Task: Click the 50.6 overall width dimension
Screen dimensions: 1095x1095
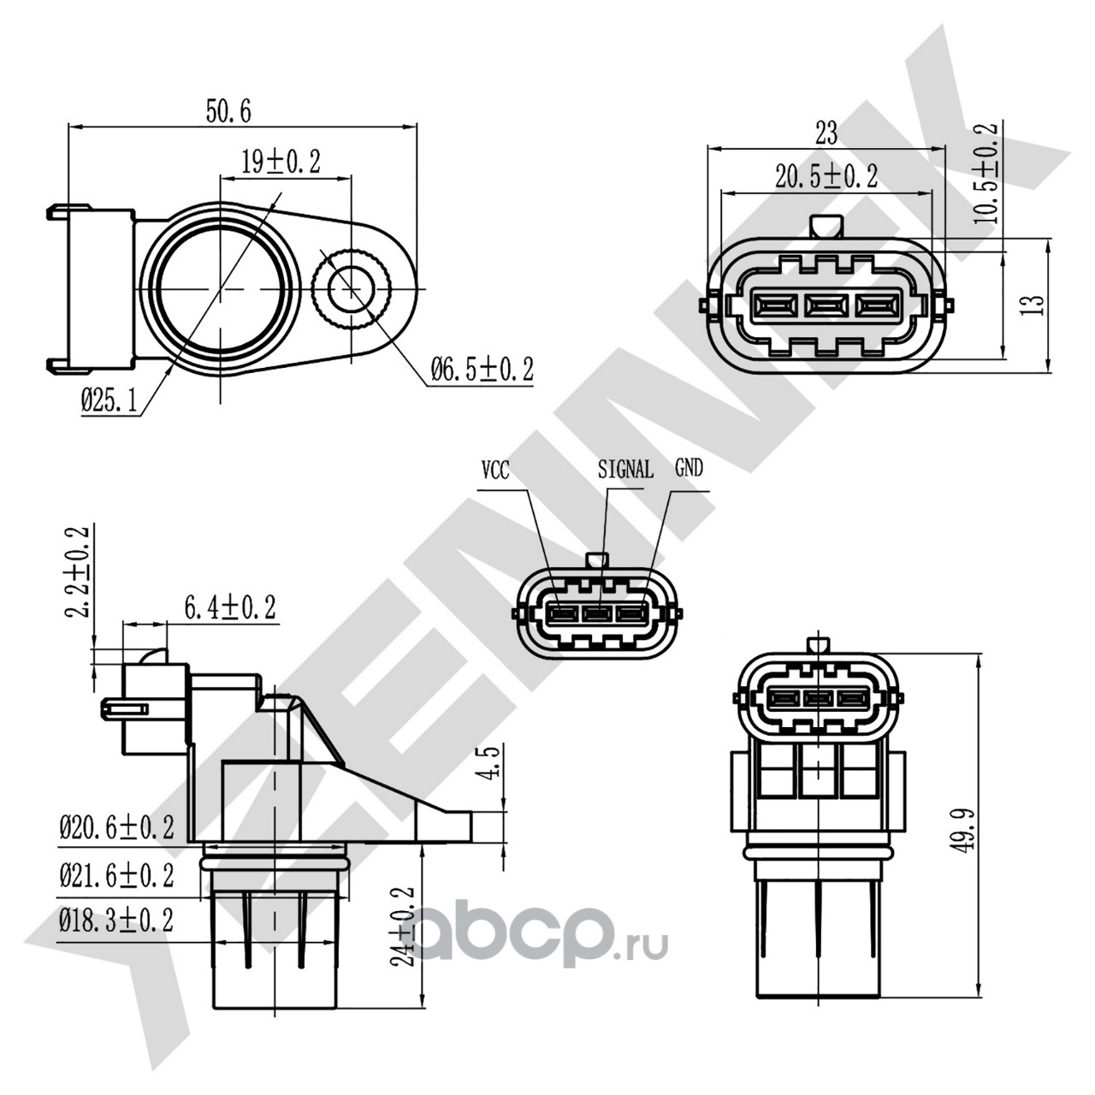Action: point(228,111)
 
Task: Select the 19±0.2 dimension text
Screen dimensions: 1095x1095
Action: point(281,162)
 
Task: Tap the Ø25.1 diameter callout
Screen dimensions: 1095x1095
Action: point(109,402)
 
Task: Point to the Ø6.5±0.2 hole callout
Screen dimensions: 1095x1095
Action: point(482,370)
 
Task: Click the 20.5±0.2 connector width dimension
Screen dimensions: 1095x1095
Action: point(826,176)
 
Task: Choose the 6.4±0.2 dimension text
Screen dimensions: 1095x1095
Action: point(230,607)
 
